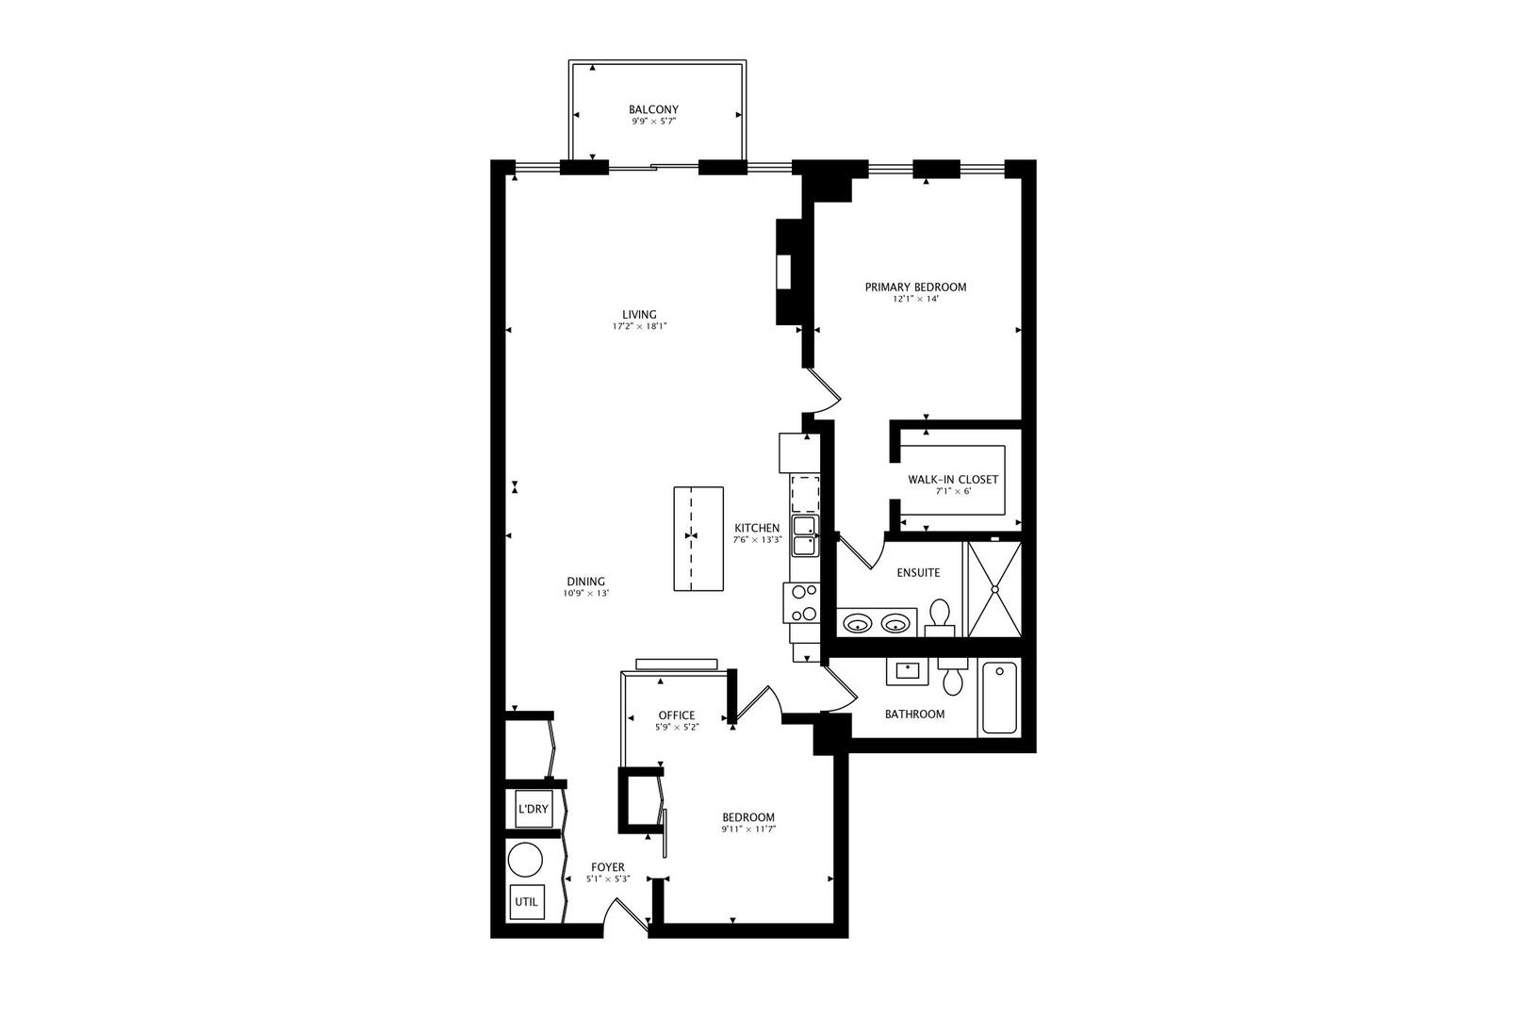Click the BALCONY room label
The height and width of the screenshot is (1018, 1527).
(653, 109)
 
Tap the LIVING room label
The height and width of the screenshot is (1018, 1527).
(639, 315)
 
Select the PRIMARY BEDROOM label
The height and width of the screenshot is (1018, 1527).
(915, 287)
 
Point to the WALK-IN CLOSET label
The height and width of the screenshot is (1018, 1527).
(952, 480)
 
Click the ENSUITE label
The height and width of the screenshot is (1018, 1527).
(917, 572)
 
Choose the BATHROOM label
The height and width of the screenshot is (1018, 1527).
(914, 714)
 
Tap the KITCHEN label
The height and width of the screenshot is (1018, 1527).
(757, 528)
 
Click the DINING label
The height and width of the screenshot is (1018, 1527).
(585, 582)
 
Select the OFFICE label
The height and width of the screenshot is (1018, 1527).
(676, 715)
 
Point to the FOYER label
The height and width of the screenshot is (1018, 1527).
(607, 867)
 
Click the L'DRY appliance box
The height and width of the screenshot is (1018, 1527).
(533, 809)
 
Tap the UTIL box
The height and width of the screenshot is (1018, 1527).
(526, 901)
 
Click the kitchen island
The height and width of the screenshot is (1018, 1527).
(698, 538)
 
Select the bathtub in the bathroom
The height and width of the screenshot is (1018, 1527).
(999, 698)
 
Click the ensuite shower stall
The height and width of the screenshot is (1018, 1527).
(994, 588)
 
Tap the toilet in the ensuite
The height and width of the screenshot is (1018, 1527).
(939, 616)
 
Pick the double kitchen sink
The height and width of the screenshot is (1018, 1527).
(804, 535)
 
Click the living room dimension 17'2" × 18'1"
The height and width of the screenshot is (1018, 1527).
(639, 327)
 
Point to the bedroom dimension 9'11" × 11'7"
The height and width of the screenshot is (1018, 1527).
(748, 829)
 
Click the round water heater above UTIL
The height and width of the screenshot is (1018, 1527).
(525, 861)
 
